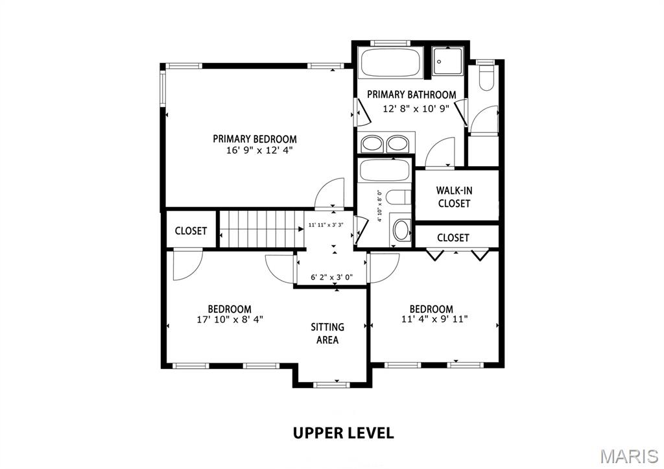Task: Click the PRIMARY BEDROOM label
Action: coord(254,139)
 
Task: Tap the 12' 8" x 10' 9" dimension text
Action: coord(416,109)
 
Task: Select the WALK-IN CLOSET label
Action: coord(455,197)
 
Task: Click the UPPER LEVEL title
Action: coord(344,433)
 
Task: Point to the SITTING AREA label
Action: coord(327,333)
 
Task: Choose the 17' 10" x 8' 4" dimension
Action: coord(230,319)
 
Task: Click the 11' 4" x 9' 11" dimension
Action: coord(434,319)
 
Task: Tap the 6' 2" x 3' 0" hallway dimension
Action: coord(332,278)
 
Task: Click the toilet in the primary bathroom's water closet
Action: coord(485,78)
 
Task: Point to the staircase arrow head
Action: coord(301,229)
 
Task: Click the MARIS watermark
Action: coord(629,456)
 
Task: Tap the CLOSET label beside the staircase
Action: coord(191,231)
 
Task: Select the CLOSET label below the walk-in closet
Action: coord(453,237)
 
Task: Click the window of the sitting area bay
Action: coord(331,385)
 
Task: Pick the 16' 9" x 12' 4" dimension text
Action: coord(259,150)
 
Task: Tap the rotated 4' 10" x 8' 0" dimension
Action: coord(380,206)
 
